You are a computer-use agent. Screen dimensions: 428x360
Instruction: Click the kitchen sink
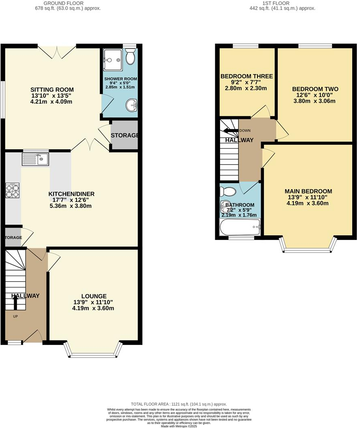pyautogui.click(x=36, y=159)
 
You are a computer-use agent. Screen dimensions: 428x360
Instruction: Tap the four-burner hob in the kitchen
pyautogui.click(x=12, y=190)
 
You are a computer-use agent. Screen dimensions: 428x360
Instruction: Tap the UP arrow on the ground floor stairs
pyautogui.click(x=15, y=302)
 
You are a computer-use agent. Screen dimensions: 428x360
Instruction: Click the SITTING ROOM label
pyautogui.click(x=52, y=90)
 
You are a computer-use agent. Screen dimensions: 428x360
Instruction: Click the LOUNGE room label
pyautogui.click(x=94, y=296)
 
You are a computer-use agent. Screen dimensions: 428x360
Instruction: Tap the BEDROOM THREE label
pyautogui.click(x=246, y=76)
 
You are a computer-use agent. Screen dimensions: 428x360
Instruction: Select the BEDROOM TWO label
pyautogui.click(x=315, y=89)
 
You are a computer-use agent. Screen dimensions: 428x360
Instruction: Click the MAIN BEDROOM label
pyautogui.click(x=308, y=191)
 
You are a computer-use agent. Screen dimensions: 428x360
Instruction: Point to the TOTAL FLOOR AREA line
pyautogui.click(x=179, y=404)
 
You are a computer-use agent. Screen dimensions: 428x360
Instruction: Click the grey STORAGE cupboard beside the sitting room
pyautogui.click(x=124, y=135)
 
